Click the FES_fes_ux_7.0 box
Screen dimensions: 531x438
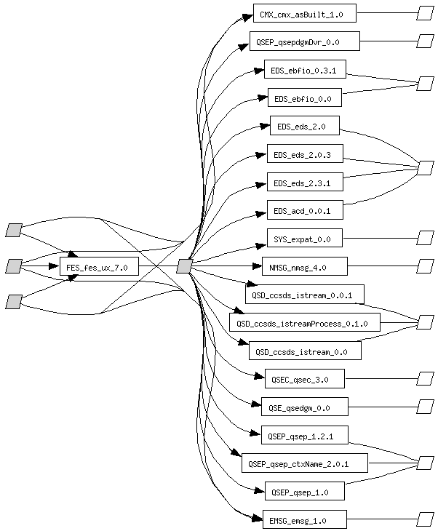(97, 268)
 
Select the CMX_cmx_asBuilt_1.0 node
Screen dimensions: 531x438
(304, 14)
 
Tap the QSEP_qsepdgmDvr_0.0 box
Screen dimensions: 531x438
(304, 41)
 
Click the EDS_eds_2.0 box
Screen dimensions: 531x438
(304, 127)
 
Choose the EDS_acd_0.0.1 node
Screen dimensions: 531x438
(302, 211)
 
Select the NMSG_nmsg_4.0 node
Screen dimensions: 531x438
(304, 268)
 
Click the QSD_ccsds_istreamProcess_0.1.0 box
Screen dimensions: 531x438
(305, 322)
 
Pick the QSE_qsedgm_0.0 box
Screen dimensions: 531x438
(304, 406)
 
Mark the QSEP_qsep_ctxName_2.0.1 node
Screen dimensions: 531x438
(304, 463)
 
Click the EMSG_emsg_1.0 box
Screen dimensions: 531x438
(304, 519)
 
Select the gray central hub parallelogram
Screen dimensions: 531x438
(184, 268)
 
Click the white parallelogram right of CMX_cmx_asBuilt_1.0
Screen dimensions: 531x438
(425, 13)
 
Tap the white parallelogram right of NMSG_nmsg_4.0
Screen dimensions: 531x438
(425, 267)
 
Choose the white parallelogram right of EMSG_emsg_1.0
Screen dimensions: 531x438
(425, 519)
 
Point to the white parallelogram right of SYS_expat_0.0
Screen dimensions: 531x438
(425, 238)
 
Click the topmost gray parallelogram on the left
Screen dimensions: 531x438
(14, 231)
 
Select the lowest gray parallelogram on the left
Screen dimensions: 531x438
(14, 301)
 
